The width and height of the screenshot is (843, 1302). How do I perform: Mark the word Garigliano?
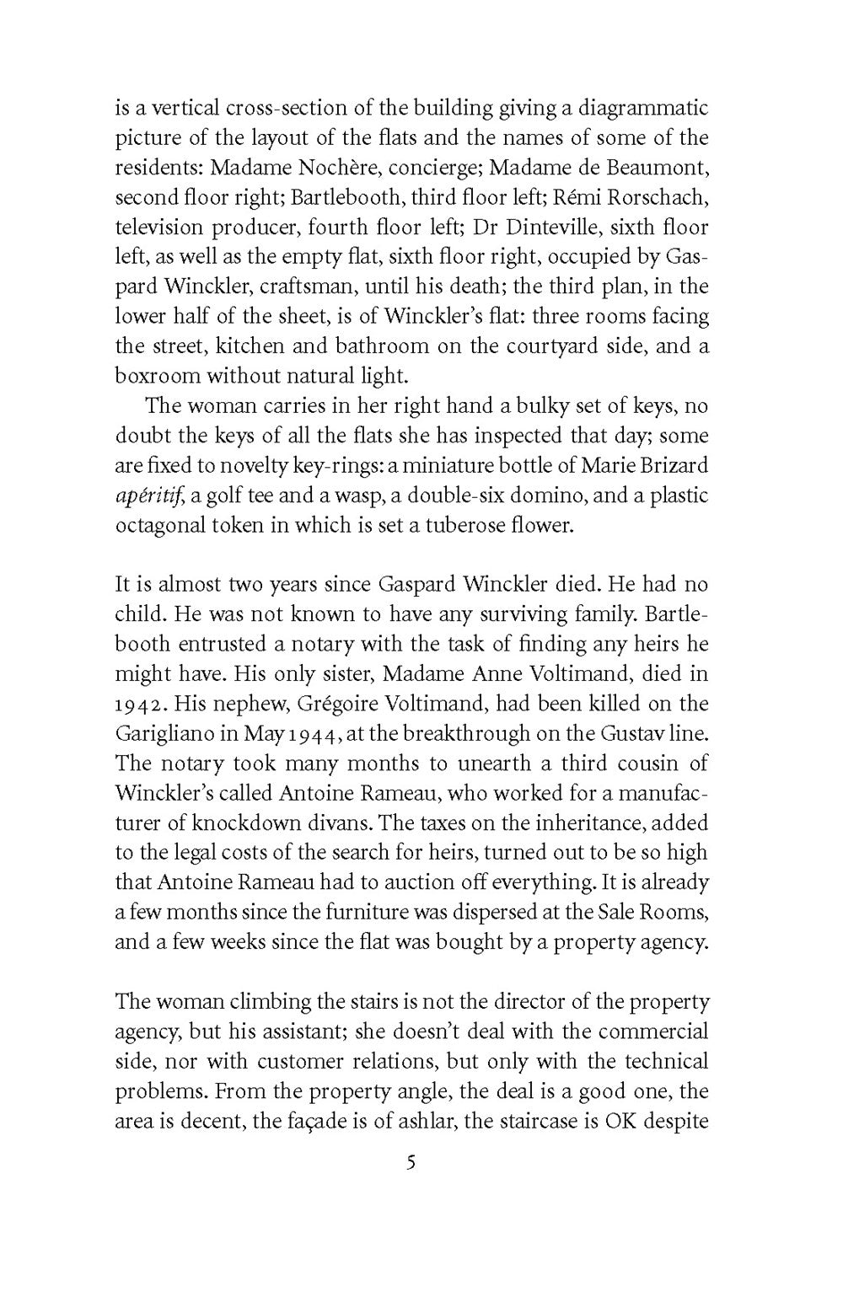coord(164,733)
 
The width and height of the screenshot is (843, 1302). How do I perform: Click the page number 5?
coord(411,1164)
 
